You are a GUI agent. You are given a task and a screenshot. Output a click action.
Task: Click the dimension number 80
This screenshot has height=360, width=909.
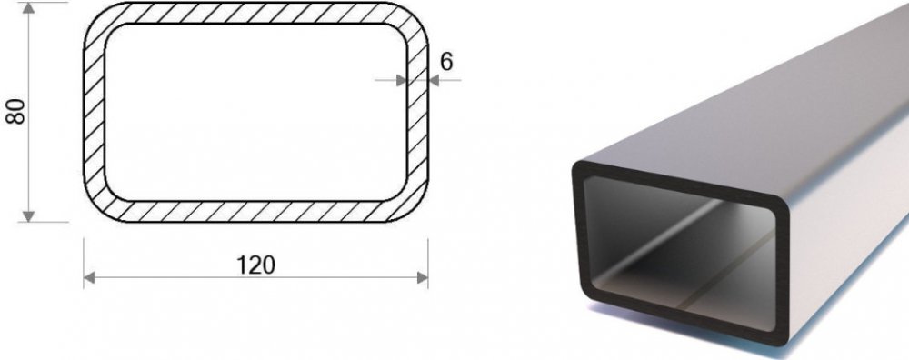coord(15,111)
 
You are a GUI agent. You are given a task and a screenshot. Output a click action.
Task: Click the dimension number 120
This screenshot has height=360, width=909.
coord(255,265)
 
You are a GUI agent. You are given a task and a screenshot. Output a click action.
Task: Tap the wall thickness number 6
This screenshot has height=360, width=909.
coord(445,62)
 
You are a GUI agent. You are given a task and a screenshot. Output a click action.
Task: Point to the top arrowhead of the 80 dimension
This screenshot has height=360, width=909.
coord(28,8)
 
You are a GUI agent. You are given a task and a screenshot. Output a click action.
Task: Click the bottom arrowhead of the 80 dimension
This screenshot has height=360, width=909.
coord(28,216)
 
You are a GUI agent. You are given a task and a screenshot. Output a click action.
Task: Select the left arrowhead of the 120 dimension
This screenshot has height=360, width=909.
coord(89,278)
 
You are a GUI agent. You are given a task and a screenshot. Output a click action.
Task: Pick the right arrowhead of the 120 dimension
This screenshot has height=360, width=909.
coord(423,278)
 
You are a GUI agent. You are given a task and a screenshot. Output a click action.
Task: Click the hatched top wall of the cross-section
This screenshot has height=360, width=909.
coord(255,13)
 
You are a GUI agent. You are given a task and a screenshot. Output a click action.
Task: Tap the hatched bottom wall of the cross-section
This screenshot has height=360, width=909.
coord(255,212)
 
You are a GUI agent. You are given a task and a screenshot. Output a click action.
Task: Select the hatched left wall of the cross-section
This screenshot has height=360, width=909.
coord(95,112)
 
